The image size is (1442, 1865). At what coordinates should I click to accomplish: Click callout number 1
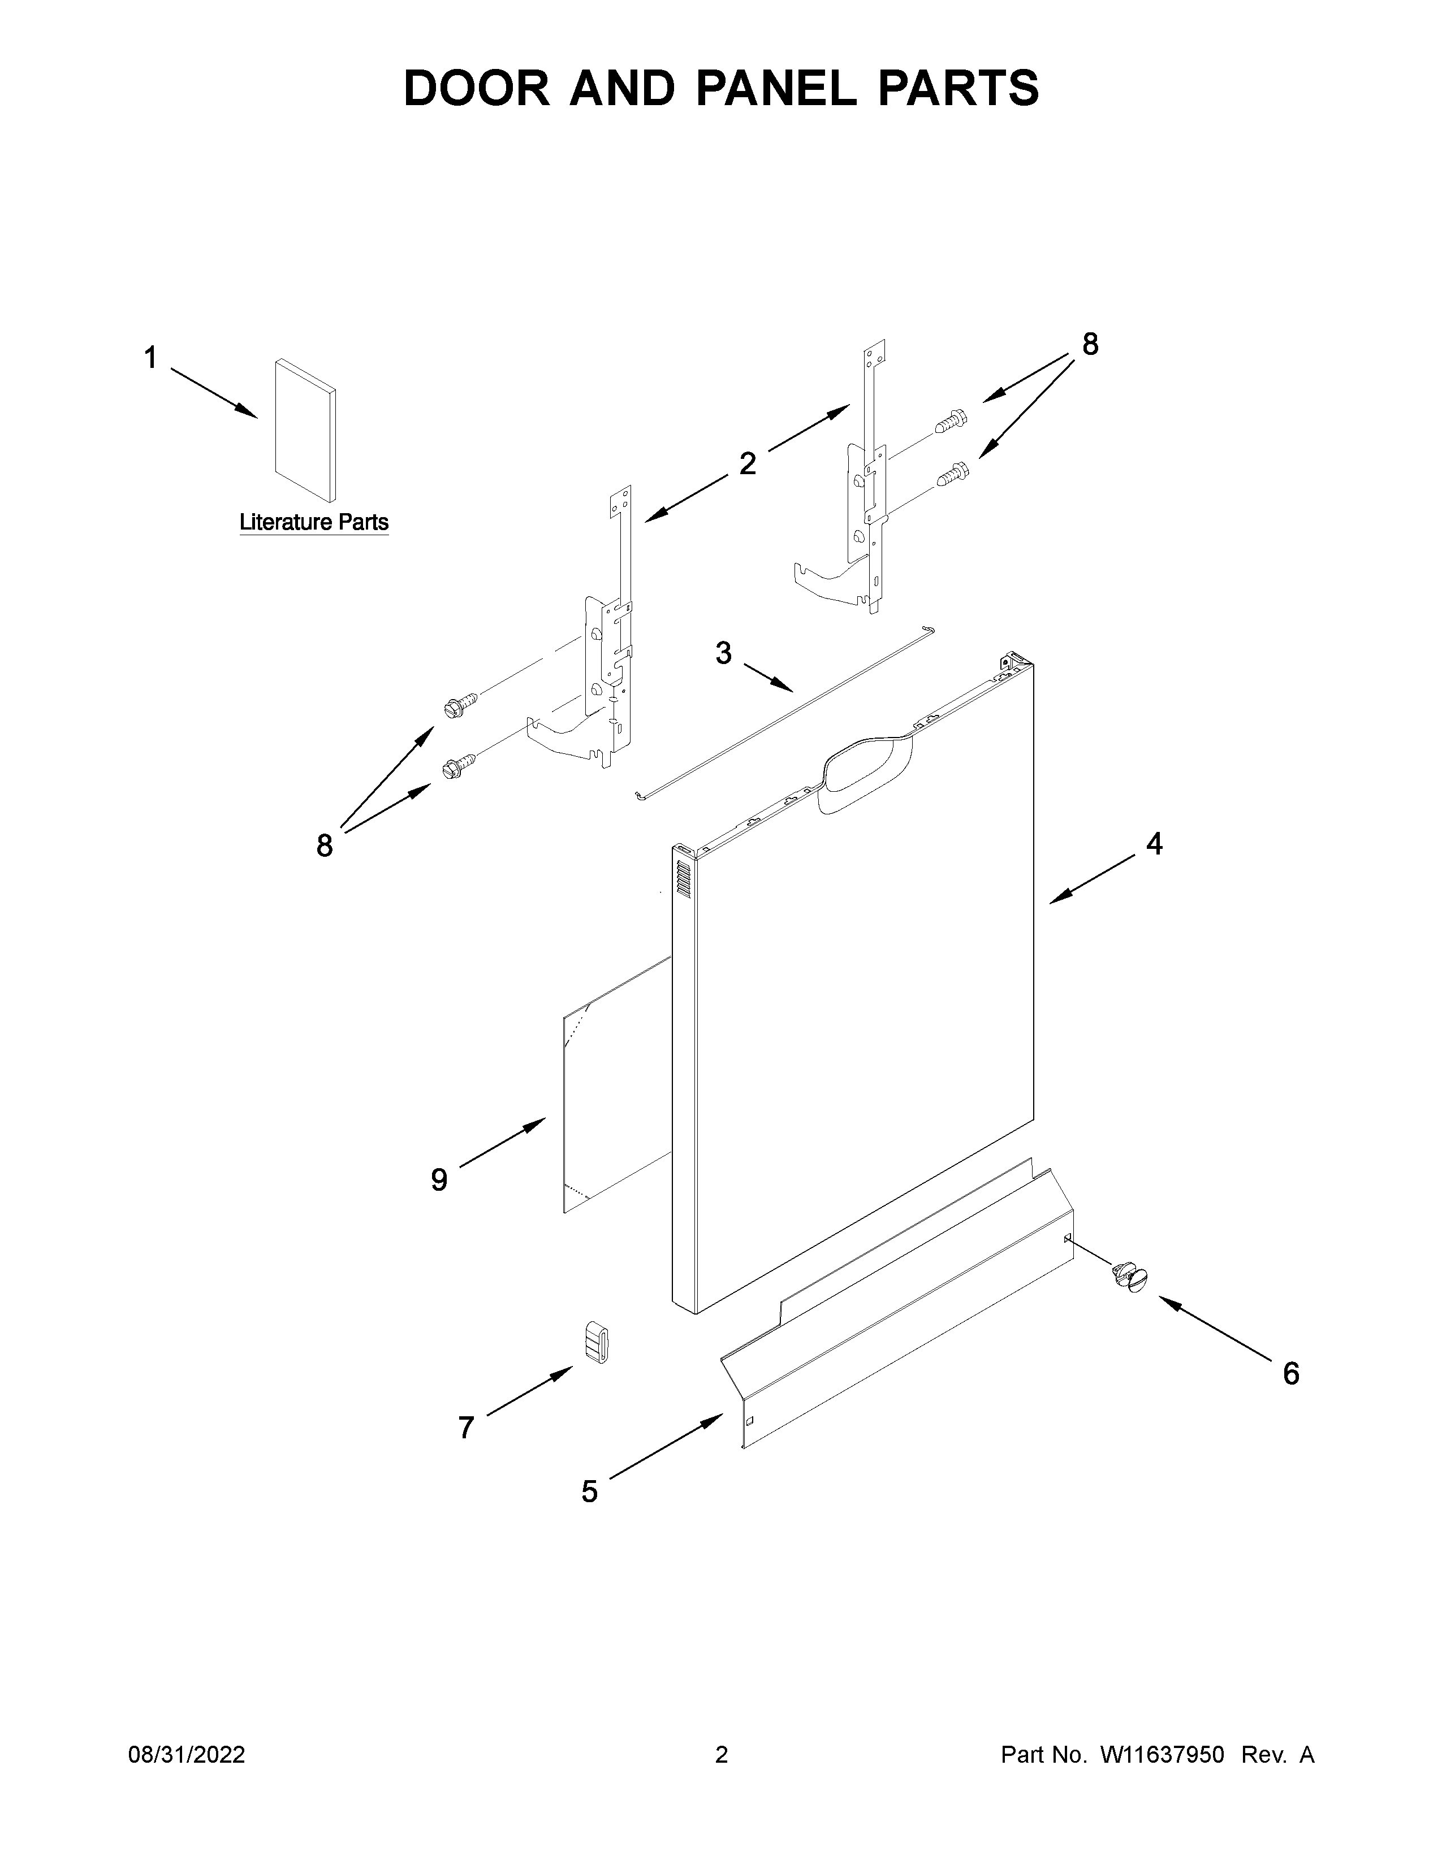150,358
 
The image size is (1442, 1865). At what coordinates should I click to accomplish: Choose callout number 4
1154,844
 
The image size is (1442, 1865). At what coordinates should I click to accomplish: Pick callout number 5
589,1492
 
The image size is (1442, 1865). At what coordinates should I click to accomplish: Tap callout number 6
1291,1373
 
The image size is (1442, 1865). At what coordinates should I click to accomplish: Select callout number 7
465,1427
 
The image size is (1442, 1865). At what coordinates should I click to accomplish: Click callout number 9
438,1179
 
